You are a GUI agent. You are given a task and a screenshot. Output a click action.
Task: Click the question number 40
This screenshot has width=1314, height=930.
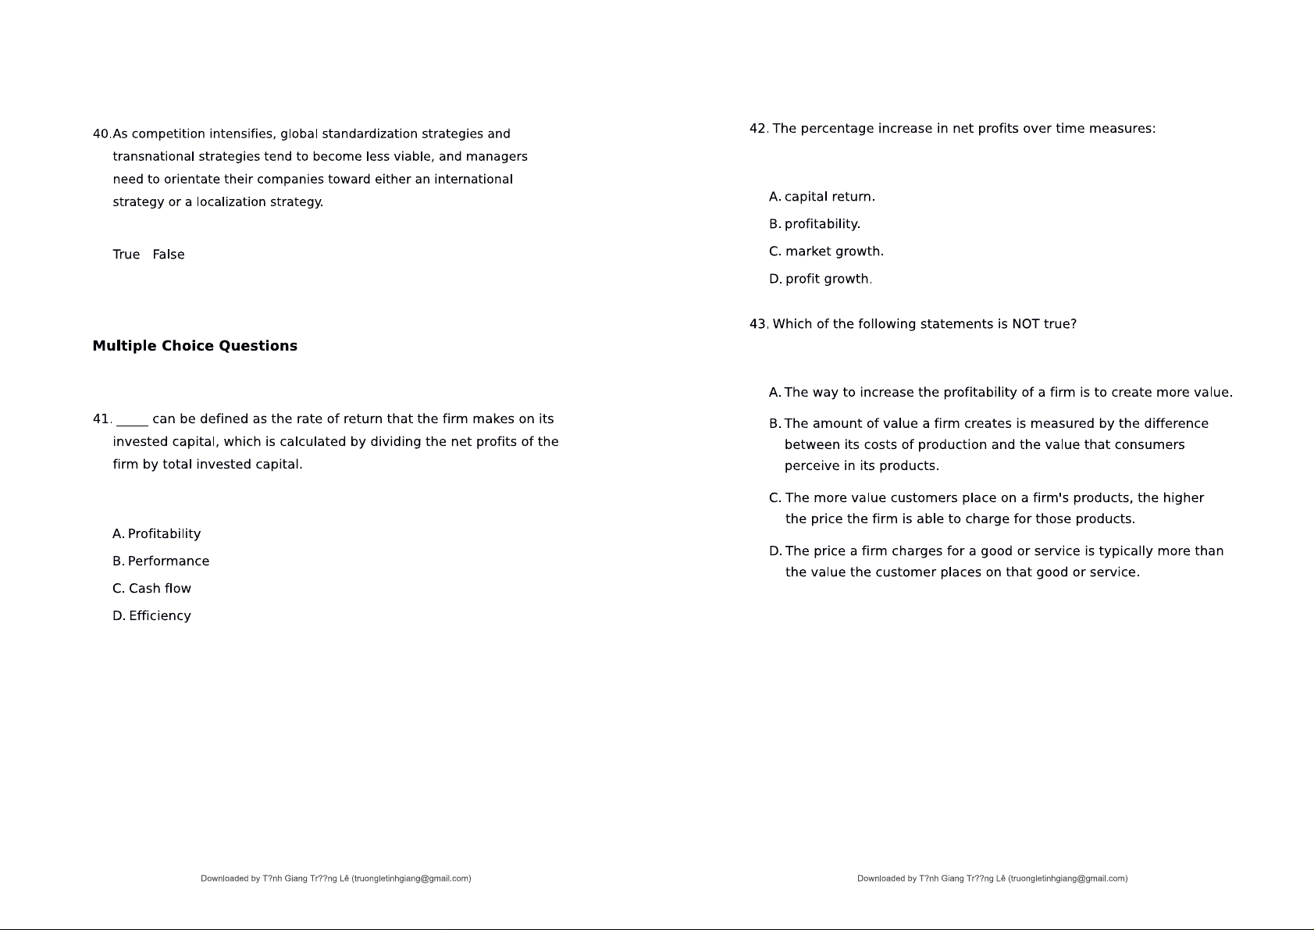(101, 134)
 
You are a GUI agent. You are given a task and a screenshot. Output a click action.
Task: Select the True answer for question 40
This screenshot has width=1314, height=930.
(126, 255)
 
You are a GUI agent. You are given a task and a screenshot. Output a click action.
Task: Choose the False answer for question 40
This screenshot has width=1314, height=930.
(169, 255)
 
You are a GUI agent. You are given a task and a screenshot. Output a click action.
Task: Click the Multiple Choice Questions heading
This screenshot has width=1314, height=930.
(194, 346)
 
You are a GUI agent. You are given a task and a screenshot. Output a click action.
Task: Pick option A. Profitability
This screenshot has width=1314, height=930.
(157, 534)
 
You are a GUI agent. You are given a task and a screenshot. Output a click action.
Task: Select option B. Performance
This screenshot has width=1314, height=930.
(161, 561)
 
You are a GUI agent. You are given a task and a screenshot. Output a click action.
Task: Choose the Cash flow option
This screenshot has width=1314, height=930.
(152, 589)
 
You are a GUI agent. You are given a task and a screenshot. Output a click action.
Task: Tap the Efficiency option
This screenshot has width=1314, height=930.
(152, 616)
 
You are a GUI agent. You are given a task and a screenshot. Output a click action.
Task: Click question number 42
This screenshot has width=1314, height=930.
(757, 129)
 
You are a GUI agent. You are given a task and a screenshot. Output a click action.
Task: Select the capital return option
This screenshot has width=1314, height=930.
(822, 197)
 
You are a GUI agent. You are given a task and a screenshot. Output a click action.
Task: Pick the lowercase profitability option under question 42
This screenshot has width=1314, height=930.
(815, 224)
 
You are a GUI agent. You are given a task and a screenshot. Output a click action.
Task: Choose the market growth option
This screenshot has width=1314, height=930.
(827, 251)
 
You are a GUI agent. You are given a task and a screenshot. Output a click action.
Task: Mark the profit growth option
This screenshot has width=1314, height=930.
(821, 279)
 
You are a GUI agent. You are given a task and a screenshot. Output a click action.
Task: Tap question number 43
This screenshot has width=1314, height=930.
(757, 324)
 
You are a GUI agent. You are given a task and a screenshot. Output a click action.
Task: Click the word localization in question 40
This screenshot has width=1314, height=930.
(231, 202)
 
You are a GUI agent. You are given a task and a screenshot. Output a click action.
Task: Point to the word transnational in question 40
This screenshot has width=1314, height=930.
(153, 157)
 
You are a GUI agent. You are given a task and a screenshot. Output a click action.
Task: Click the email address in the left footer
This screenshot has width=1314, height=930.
(411, 878)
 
